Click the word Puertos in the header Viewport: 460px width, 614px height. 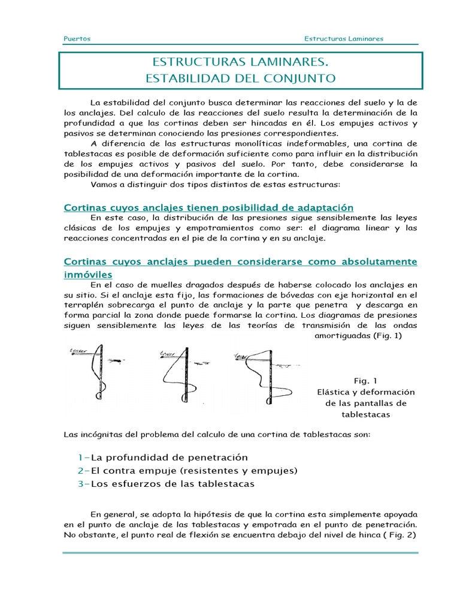pyautogui.click(x=77, y=39)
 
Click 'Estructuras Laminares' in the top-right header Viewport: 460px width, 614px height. pyautogui.click(x=343, y=39)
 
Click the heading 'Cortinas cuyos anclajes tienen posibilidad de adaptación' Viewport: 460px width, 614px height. pyautogui.click(x=208, y=207)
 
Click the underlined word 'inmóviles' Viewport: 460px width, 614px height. pyautogui.click(x=87, y=274)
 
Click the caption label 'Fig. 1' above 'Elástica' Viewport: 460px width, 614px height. pyautogui.click(x=365, y=381)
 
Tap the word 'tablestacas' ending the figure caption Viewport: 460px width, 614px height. pyautogui.click(x=365, y=414)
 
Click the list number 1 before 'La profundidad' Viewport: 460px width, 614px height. pyautogui.click(x=80, y=458)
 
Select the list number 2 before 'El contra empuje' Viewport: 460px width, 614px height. pyautogui.click(x=80, y=471)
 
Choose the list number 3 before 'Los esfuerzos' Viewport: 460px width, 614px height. pyautogui.click(x=80, y=484)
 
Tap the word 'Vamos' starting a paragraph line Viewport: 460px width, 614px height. pyautogui.click(x=102, y=184)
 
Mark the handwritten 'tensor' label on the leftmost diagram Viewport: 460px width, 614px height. pyautogui.click(x=78, y=351)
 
